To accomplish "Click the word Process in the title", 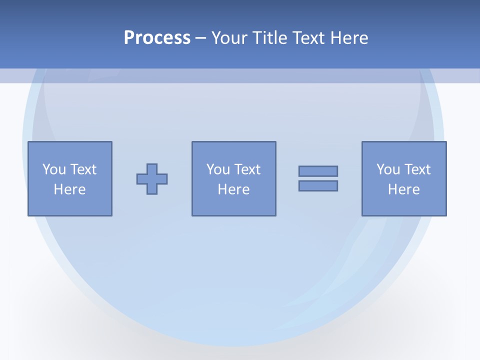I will pyautogui.click(x=157, y=37).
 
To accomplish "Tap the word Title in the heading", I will pyautogui.click(x=270, y=37).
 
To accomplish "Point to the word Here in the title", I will pyautogui.click(x=349, y=37).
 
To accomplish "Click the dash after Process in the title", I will pyautogui.click(x=201, y=38).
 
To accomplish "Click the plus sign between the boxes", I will pyautogui.click(x=152, y=179).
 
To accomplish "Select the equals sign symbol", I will pyautogui.click(x=318, y=178).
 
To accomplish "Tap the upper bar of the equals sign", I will pyautogui.click(x=318, y=171).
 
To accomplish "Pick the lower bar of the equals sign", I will pyautogui.click(x=318, y=185).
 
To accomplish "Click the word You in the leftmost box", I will pyautogui.click(x=53, y=169).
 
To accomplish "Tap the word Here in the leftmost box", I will pyautogui.click(x=70, y=189).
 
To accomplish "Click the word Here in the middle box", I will pyautogui.click(x=234, y=189).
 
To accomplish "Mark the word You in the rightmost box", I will pyautogui.click(x=388, y=169).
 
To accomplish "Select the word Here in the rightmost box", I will pyautogui.click(x=404, y=189).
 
